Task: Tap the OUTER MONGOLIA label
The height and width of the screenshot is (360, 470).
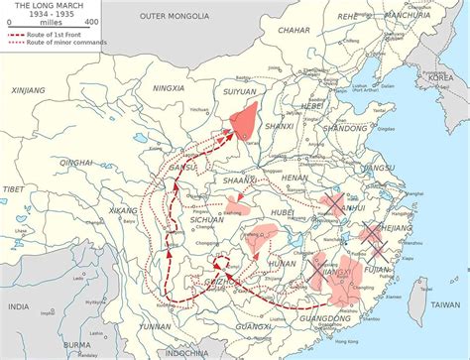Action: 175,17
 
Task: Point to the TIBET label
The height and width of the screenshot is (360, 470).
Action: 11,188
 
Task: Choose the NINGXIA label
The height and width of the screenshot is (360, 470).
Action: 170,88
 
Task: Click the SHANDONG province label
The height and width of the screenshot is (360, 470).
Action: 345,128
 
